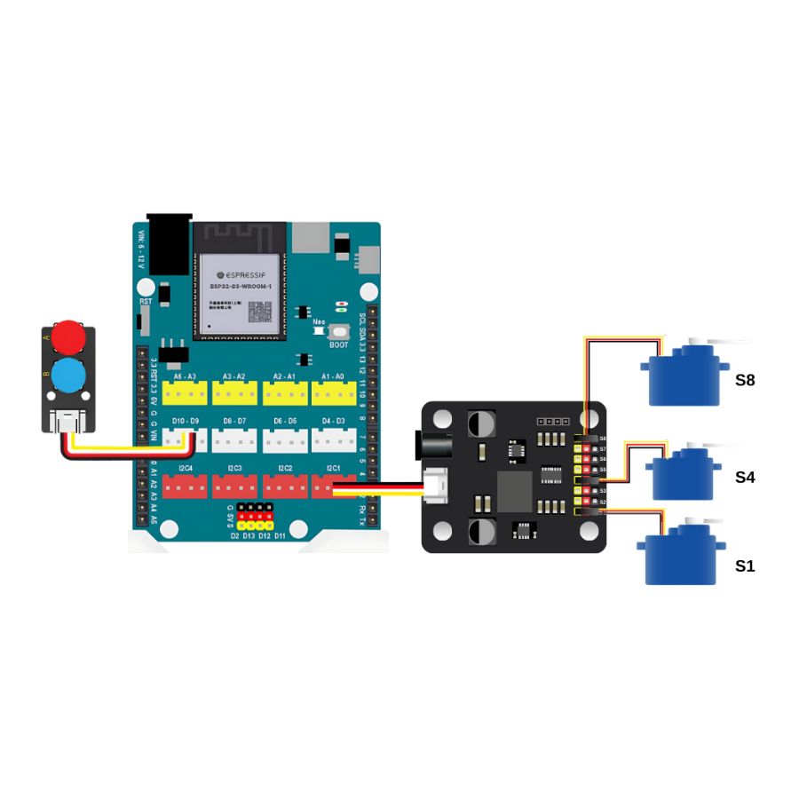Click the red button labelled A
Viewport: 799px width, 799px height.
68,336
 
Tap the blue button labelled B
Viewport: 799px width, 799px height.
68,376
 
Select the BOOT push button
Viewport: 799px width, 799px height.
338,331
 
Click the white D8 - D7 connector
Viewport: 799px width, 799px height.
234,439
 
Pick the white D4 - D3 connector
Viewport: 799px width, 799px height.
333,439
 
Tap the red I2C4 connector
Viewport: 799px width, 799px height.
185,485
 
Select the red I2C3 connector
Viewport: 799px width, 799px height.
234,485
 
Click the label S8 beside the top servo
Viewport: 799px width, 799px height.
745,380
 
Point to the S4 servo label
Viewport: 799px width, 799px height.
745,477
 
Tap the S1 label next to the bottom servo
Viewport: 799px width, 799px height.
745,566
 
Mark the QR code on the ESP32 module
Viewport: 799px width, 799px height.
258,312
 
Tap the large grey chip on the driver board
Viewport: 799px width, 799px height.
514,491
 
